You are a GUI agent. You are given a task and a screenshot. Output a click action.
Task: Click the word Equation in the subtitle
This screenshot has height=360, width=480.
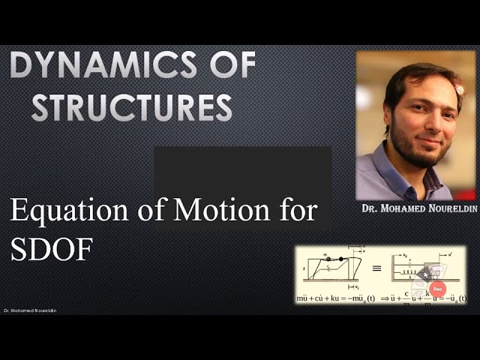76,211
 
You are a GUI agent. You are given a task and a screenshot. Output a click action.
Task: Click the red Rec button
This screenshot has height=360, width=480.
439,289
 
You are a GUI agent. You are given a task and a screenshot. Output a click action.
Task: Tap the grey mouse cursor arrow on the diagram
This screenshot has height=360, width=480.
425,274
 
